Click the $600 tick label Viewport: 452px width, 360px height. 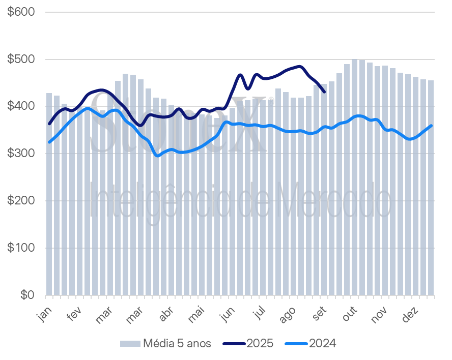pos(21,12)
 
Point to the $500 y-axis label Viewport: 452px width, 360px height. pos(21,59)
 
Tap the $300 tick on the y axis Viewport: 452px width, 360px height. pos(21,154)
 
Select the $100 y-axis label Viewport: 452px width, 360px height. pos(21,248)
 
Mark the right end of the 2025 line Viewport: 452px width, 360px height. pos(325,92)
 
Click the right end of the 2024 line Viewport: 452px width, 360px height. pos(432,126)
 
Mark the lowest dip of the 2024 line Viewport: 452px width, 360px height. pos(157,156)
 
